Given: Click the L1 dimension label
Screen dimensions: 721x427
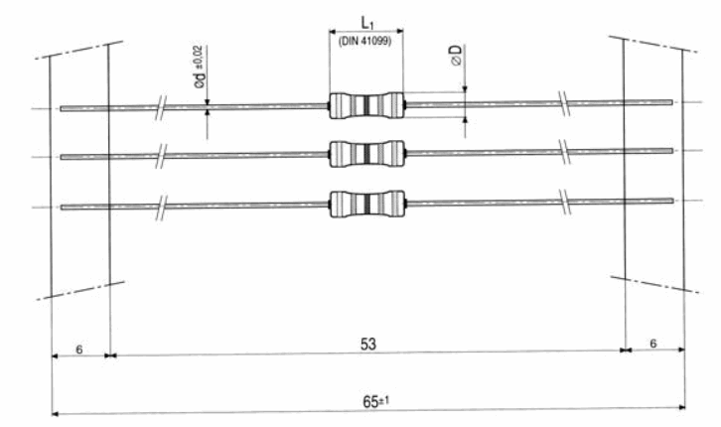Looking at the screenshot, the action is click(366, 23).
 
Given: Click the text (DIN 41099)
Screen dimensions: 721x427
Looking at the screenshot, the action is click(365, 42).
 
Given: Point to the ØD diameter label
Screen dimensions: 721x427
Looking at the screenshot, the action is click(457, 56).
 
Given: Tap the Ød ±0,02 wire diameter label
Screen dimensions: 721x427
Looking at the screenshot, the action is click(201, 68).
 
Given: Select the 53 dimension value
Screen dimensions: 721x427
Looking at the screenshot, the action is click(368, 344).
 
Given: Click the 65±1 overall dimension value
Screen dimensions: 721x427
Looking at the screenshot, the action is click(375, 401).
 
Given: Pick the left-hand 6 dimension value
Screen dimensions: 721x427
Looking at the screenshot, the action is click(79, 350).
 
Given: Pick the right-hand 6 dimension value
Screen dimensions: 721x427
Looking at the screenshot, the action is click(653, 344).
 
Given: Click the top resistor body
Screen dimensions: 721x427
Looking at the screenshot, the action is click(366, 105).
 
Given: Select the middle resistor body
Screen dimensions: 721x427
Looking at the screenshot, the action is click(366, 154).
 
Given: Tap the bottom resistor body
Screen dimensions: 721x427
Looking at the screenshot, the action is click(367, 204).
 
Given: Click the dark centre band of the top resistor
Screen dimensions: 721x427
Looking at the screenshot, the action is click(366, 105).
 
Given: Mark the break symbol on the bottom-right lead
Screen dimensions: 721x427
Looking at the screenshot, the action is click(565, 202).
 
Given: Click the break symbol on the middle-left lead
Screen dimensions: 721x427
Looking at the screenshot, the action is click(161, 156).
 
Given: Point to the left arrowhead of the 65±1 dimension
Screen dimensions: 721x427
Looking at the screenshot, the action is click(55, 414).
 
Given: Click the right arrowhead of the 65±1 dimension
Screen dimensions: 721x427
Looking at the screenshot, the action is click(682, 406).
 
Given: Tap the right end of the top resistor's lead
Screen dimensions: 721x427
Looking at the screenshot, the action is click(672, 102).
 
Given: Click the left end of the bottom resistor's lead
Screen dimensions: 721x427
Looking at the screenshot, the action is click(62, 208).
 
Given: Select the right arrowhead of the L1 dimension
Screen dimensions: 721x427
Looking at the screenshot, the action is click(399, 31).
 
